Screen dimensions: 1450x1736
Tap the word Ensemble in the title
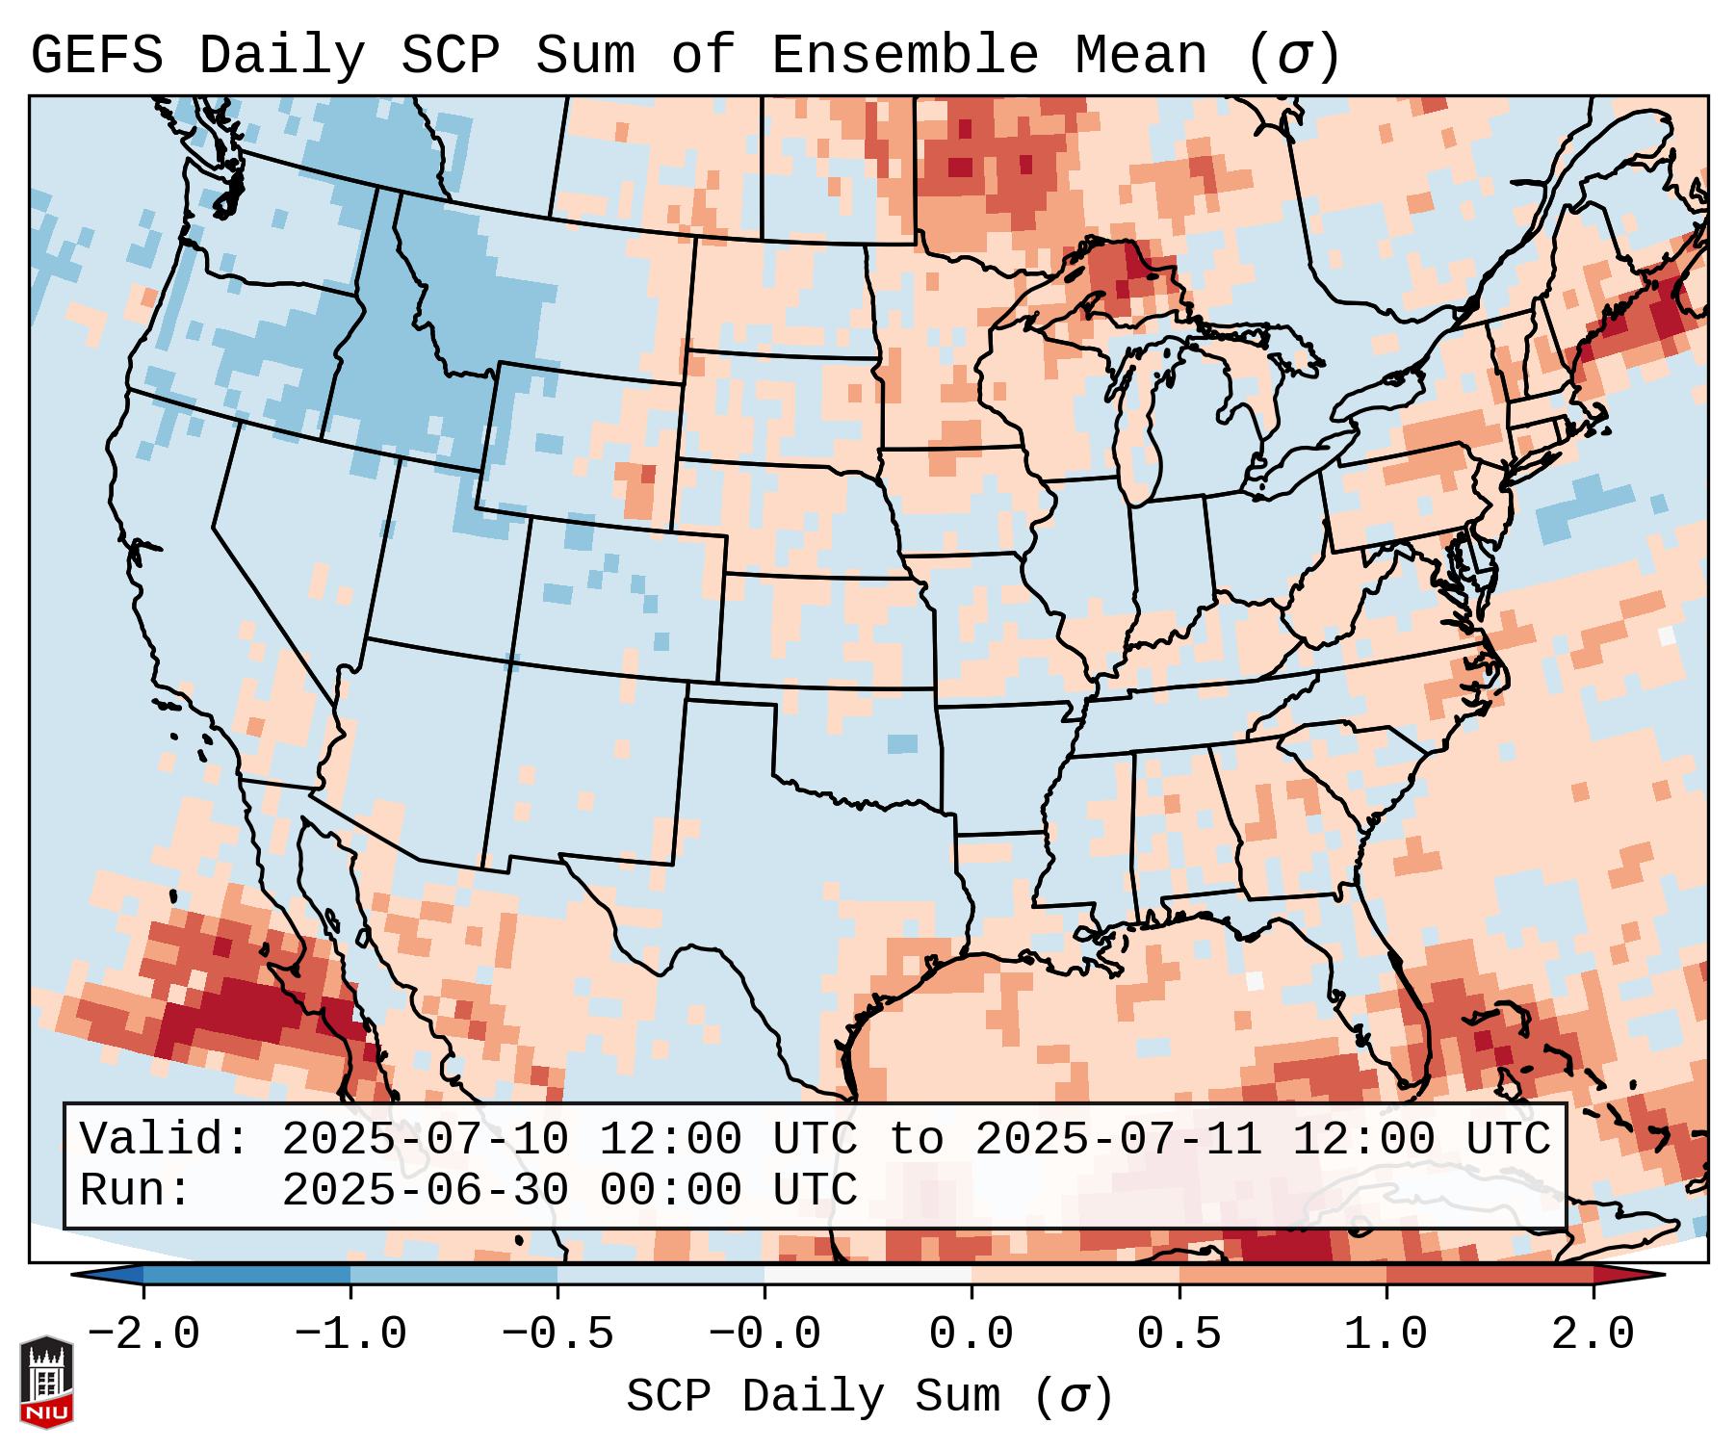tap(905, 56)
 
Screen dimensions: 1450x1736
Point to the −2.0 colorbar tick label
tap(143, 1334)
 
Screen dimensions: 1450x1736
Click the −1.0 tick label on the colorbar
tap(350, 1334)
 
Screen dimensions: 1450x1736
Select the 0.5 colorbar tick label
tap(1179, 1334)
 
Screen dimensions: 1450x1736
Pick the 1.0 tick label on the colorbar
tap(1386, 1334)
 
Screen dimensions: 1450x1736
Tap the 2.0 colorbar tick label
tap(1593, 1334)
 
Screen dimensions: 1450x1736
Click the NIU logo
tap(46, 1382)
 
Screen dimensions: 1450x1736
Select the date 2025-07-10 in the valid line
tap(426, 1140)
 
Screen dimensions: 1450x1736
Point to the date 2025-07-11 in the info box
tap(1119, 1140)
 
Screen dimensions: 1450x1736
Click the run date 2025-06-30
tap(426, 1191)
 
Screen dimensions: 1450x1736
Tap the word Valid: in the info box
tap(165, 1140)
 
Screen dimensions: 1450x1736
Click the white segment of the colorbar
tap(868, 1275)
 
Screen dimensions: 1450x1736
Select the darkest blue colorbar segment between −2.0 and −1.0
tap(246, 1275)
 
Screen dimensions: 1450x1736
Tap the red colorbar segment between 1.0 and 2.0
tap(1489, 1275)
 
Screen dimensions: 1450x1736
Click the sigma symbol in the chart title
tap(1293, 56)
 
